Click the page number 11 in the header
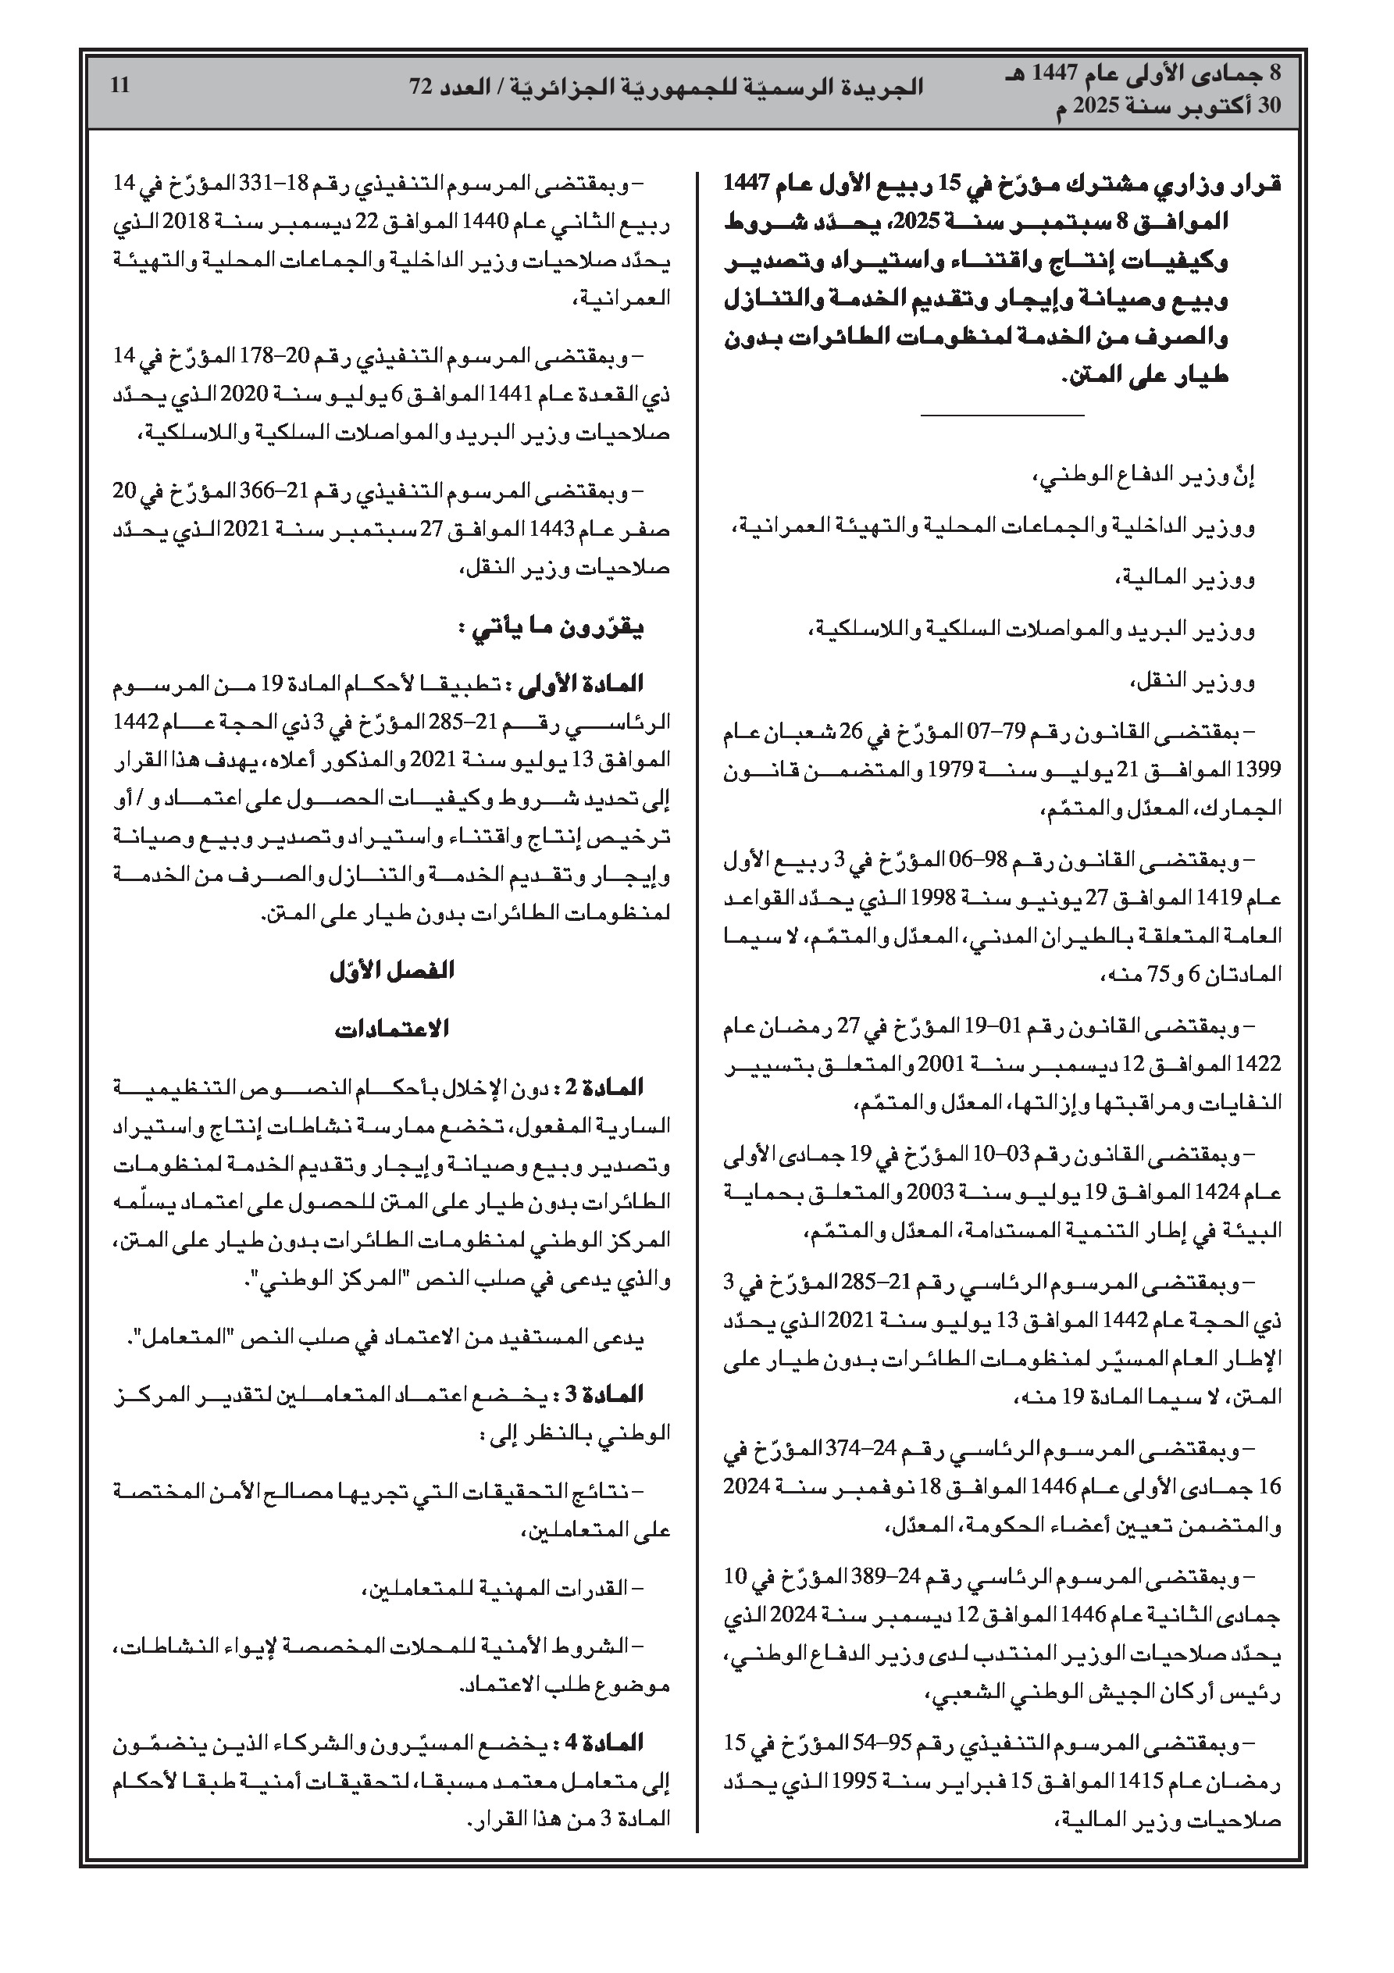tap(119, 86)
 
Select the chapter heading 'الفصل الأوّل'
tap(392, 971)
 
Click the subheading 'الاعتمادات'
tap(392, 1029)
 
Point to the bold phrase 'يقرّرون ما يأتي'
tap(550, 629)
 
